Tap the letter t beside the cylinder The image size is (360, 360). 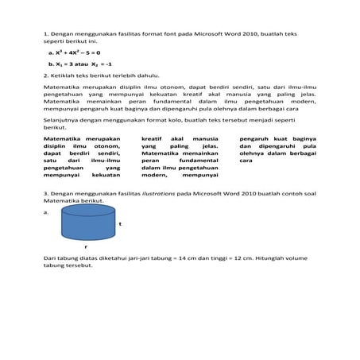(x=119, y=225)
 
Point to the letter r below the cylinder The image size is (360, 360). (x=85, y=250)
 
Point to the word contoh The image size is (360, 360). (x=281, y=194)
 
